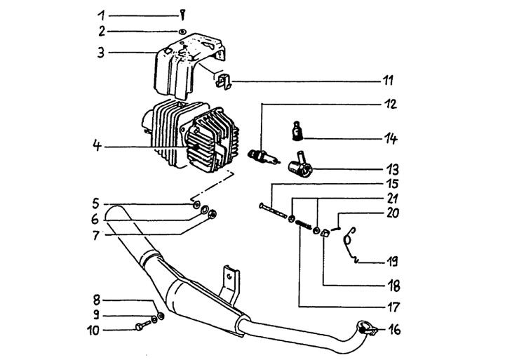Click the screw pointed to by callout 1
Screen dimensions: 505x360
(183, 15)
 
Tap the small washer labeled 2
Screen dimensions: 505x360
(182, 32)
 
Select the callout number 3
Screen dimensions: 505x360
(101, 52)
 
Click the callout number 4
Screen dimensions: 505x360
(97, 146)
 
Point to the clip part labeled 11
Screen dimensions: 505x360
(222, 81)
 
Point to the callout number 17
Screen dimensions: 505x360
(392, 307)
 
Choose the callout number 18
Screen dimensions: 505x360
(393, 286)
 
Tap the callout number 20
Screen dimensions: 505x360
(393, 213)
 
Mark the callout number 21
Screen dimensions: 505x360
(393, 199)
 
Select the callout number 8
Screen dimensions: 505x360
(96, 300)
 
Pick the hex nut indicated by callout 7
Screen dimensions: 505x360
(213, 213)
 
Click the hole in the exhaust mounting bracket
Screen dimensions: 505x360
(229, 276)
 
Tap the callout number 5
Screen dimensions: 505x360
(95, 204)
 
